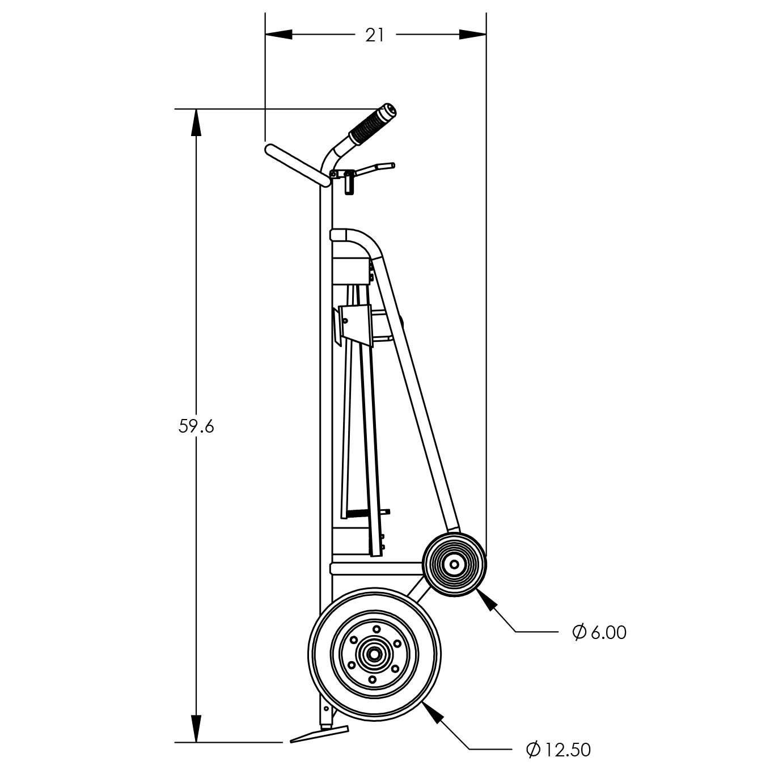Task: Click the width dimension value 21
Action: click(x=374, y=35)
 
